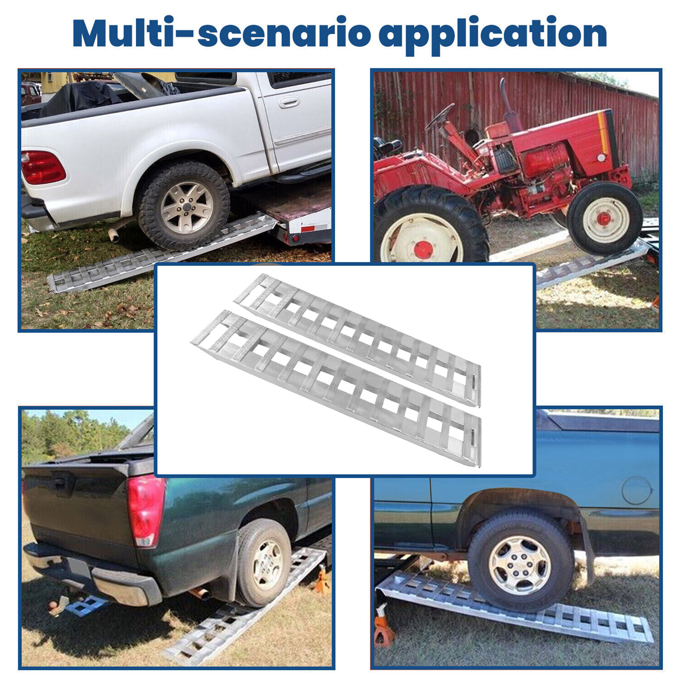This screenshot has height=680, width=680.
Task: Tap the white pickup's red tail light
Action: click(42, 167)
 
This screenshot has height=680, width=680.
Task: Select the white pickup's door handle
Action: click(289, 102)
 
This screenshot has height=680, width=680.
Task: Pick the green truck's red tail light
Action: click(146, 510)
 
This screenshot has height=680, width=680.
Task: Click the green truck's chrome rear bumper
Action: click(93, 574)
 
